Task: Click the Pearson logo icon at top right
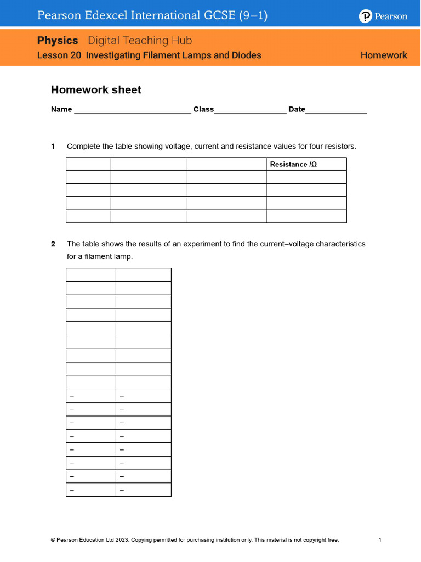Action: [366, 16]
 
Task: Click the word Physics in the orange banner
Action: [58, 41]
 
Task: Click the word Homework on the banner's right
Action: [384, 55]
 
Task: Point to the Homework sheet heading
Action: [96, 90]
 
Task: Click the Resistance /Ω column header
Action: [294, 165]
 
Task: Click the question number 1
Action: [53, 147]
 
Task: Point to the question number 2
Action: [53, 244]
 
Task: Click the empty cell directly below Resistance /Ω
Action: [306, 177]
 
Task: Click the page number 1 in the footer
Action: [380, 540]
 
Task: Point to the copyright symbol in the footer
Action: [53, 540]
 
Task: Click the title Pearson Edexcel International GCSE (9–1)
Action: [152, 16]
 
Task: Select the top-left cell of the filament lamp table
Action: [90, 274]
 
